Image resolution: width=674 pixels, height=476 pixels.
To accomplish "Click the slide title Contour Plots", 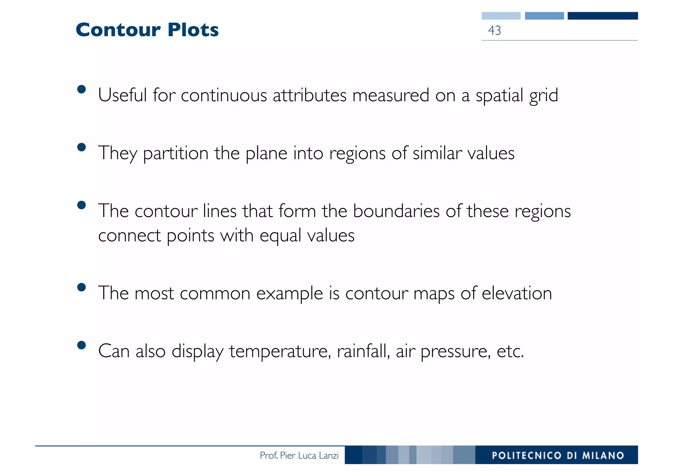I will pyautogui.click(x=147, y=30).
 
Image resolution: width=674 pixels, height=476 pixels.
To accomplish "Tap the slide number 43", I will pyautogui.click(x=494, y=31).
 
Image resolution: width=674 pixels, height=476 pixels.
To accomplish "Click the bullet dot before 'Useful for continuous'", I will pyautogui.click(x=81, y=89).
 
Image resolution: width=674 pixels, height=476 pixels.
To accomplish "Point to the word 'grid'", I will pyautogui.click(x=543, y=96).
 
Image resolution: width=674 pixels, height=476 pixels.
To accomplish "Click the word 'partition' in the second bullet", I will pyautogui.click(x=176, y=154).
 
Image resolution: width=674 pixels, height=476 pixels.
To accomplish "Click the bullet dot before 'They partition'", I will pyautogui.click(x=81, y=147).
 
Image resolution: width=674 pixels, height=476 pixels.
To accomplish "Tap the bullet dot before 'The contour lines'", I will pyautogui.click(x=81, y=205).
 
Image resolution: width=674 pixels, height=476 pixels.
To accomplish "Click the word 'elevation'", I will pyautogui.click(x=517, y=293).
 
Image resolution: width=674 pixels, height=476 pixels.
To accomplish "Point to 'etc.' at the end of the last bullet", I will pyautogui.click(x=510, y=351).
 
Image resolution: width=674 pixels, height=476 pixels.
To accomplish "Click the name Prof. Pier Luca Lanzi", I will pyautogui.click(x=299, y=455).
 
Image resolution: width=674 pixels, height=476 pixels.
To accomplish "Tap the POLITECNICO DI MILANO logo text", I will pyautogui.click(x=558, y=455).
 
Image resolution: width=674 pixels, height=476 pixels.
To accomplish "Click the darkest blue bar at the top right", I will pyautogui.click(x=603, y=16).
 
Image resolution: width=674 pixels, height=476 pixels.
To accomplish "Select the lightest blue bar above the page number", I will pyautogui.click(x=501, y=16).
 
